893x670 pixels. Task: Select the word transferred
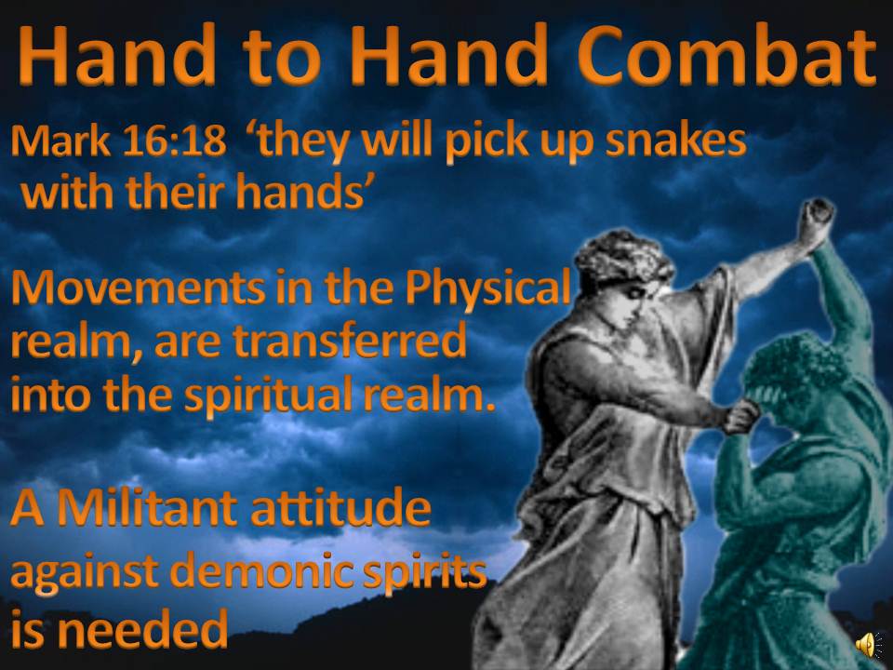[x=350, y=341]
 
